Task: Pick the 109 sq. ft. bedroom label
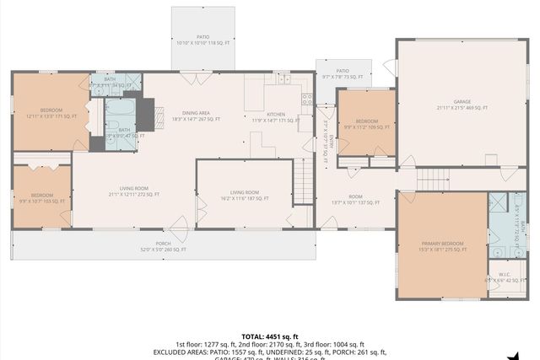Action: [x=367, y=125]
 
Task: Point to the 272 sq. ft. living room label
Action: [x=134, y=191]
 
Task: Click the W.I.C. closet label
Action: [x=505, y=277]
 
